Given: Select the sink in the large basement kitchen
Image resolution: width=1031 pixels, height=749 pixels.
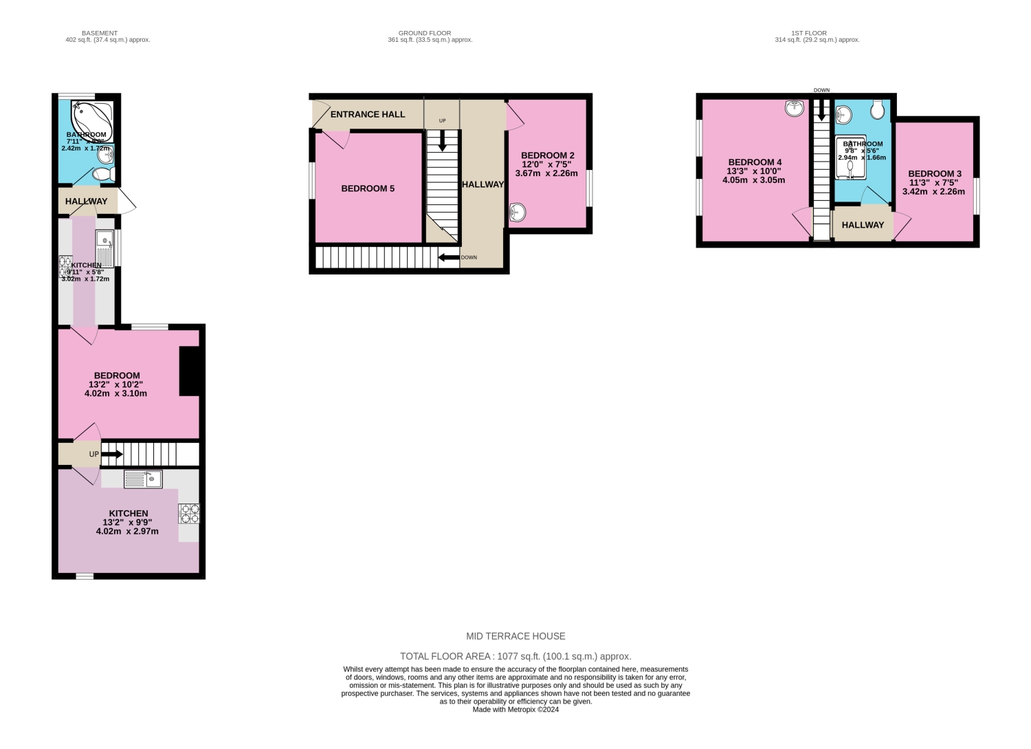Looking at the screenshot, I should [143, 479].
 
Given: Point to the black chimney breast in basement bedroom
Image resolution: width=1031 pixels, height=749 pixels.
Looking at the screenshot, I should [189, 371].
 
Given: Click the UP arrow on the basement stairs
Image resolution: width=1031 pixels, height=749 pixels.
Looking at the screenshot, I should [111, 454].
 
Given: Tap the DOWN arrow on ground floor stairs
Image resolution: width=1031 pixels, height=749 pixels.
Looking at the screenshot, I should [450, 258].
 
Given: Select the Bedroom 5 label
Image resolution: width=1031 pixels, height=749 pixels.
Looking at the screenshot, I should [368, 188].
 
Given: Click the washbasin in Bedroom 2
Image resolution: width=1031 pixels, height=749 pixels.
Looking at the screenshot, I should [518, 213].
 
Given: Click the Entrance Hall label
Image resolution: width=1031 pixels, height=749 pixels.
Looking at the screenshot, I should [368, 114].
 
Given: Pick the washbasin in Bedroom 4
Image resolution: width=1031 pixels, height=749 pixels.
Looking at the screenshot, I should [795, 108].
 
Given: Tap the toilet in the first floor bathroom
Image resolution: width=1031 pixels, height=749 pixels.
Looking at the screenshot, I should [876, 109].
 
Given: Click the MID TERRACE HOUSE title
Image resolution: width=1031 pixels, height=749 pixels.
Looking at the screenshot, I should [515, 636].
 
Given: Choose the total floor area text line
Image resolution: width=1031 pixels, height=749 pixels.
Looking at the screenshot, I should [515, 656].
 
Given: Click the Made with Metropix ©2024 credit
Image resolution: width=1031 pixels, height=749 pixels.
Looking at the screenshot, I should [515, 710].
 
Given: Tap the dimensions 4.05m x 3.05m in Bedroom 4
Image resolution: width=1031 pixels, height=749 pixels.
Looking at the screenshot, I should [753, 180].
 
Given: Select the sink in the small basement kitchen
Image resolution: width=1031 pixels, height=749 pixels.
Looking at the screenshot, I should [105, 240].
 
